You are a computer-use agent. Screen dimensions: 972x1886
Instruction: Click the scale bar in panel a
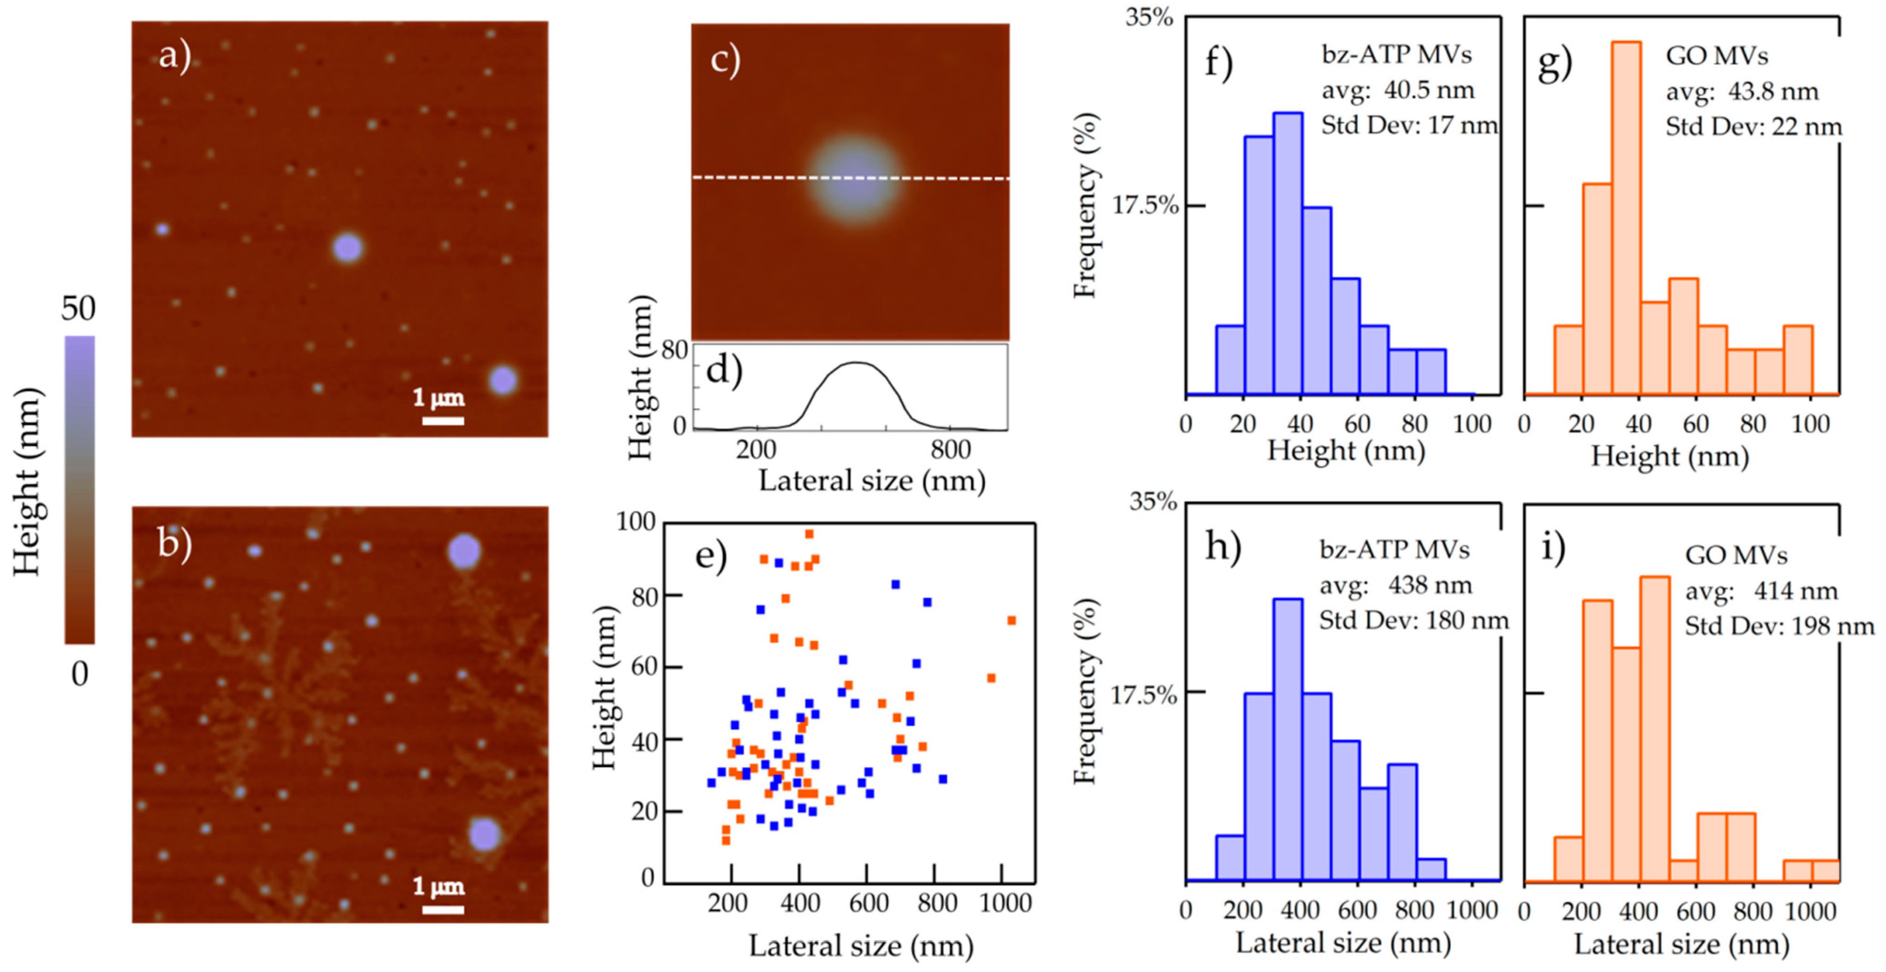(443, 420)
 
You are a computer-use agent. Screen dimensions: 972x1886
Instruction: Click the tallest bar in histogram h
(1288, 739)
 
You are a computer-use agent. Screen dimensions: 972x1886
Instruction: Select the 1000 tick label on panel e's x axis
(1005, 903)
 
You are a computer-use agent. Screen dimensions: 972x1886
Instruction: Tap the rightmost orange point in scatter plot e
(1011, 621)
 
